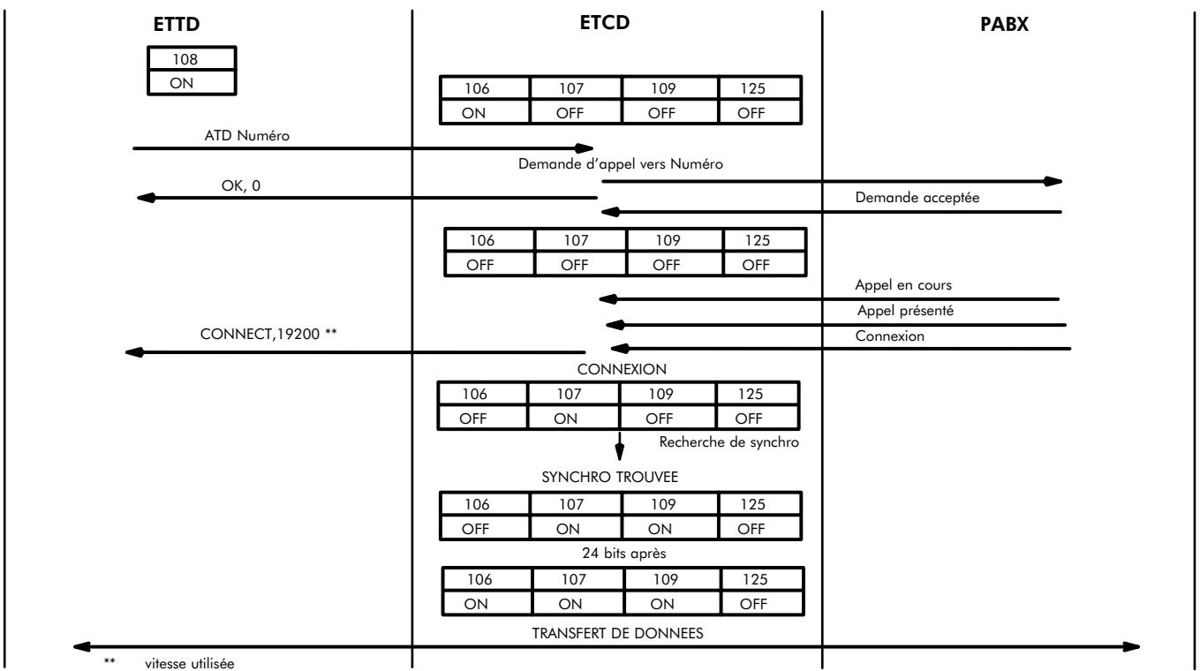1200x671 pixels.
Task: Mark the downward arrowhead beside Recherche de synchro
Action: pyautogui.click(x=621, y=453)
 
